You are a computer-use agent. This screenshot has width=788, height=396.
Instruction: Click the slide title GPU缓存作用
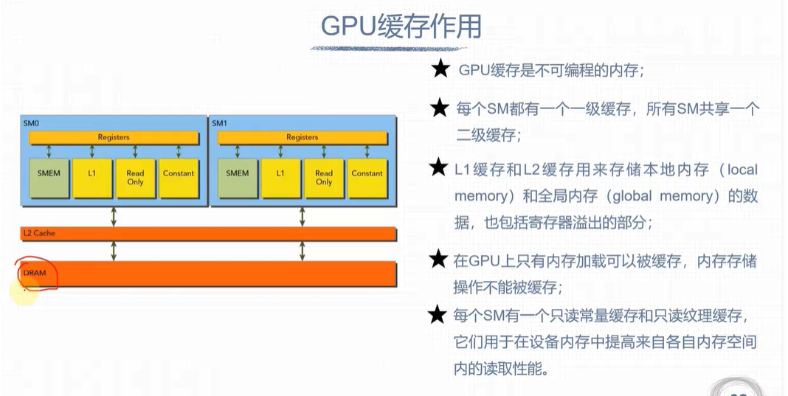pyautogui.click(x=401, y=27)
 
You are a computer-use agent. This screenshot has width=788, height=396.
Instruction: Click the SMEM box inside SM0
pyautogui.click(x=49, y=174)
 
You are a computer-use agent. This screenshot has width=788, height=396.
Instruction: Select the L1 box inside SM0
pyautogui.click(x=92, y=174)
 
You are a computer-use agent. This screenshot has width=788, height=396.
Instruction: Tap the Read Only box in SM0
pyautogui.click(x=135, y=178)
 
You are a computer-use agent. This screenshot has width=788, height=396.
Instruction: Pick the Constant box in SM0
pyautogui.click(x=179, y=174)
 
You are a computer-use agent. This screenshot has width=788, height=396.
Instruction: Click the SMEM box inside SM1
pyautogui.click(x=238, y=174)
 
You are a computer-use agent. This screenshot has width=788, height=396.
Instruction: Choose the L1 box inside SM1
pyautogui.click(x=280, y=174)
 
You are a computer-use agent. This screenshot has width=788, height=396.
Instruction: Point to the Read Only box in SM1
pyautogui.click(x=324, y=178)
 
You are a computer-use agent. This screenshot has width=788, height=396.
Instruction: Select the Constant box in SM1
pyautogui.click(x=367, y=174)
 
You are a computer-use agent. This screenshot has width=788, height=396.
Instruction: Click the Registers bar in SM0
pyautogui.click(x=114, y=137)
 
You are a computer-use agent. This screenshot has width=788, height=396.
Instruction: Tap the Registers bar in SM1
pyautogui.click(x=302, y=137)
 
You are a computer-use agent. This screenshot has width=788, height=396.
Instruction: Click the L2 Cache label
pyautogui.click(x=39, y=234)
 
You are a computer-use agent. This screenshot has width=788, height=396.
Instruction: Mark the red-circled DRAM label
pyautogui.click(x=35, y=273)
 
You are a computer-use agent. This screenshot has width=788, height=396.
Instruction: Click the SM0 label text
pyautogui.click(x=31, y=123)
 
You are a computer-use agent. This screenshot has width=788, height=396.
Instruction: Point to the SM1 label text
pyautogui.click(x=220, y=123)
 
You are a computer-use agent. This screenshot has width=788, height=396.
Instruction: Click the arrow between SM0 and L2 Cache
pyautogui.click(x=114, y=216)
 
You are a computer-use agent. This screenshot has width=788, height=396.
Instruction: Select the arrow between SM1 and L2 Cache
pyautogui.click(x=302, y=216)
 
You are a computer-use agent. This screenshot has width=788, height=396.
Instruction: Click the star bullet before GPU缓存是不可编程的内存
pyautogui.click(x=440, y=70)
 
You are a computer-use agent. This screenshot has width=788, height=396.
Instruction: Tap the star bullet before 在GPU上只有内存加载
pyautogui.click(x=440, y=260)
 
